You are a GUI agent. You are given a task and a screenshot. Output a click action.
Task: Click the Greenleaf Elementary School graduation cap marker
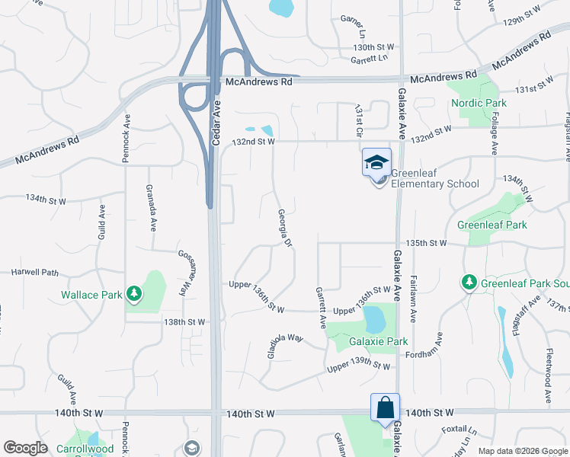[376, 162]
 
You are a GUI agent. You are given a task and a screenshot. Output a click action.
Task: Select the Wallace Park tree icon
[134, 292]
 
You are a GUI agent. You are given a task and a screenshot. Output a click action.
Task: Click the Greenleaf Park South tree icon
[469, 283]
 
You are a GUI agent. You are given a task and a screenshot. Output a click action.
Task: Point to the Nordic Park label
[479, 103]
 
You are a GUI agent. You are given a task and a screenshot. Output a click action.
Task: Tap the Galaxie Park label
[378, 341]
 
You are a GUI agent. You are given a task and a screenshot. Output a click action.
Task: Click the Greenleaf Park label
[492, 225]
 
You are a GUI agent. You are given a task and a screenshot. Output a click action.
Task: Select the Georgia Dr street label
[285, 228]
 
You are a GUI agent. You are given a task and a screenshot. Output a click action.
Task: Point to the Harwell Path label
[34, 272]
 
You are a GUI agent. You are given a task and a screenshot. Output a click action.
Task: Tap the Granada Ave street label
[153, 216]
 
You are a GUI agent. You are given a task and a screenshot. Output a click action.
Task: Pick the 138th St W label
[184, 322]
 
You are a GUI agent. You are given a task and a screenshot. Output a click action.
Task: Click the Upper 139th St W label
[359, 368]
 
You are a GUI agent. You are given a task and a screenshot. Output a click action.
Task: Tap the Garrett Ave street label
[320, 307]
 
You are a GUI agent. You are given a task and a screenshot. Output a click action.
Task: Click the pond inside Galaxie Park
[374, 319]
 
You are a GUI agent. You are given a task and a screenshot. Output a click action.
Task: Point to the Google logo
[25, 448]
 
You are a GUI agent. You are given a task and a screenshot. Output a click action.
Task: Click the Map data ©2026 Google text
[522, 451]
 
